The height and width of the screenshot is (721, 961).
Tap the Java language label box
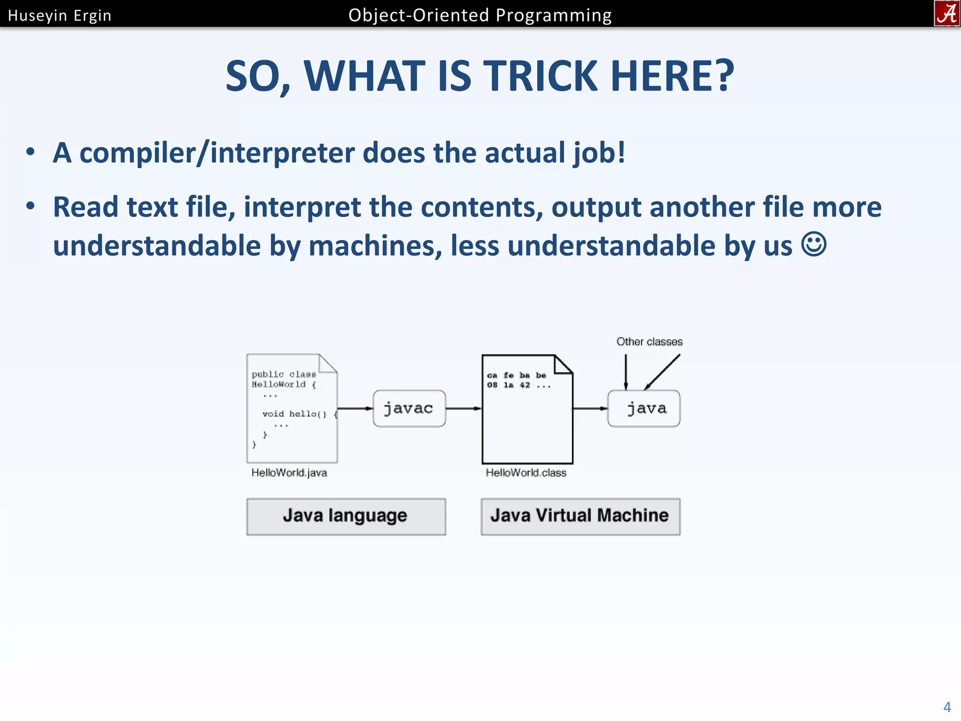pyautogui.click(x=346, y=516)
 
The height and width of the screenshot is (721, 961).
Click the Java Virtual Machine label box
pyautogui.click(x=580, y=516)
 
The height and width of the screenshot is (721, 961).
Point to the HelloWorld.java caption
pyautogui.click(x=289, y=473)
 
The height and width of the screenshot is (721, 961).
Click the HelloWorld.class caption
pyautogui.click(x=526, y=473)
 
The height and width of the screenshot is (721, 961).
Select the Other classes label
pyautogui.click(x=649, y=342)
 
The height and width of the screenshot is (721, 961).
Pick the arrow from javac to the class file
pyautogui.click(x=464, y=408)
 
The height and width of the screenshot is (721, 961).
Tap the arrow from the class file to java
pyautogui.click(x=590, y=408)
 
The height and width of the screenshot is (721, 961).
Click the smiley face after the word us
pyautogui.click(x=814, y=245)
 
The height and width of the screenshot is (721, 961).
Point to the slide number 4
pyautogui.click(x=947, y=707)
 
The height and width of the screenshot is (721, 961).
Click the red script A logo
pyautogui.click(x=947, y=14)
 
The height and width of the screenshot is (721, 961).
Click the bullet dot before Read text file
pyautogui.click(x=31, y=206)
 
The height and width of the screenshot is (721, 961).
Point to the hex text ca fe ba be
pyautogui.click(x=517, y=376)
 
